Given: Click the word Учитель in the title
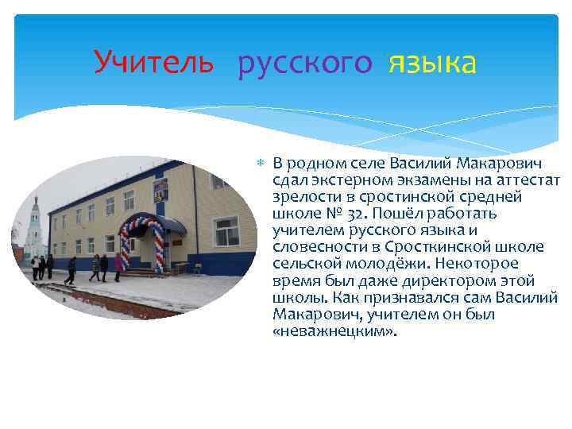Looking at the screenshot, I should click(153, 62).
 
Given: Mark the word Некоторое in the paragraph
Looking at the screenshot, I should click(481, 264).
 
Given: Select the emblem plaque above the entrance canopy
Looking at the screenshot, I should click(160, 189).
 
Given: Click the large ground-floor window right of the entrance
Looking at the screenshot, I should click(226, 231).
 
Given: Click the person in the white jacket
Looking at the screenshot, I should click(35, 267).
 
